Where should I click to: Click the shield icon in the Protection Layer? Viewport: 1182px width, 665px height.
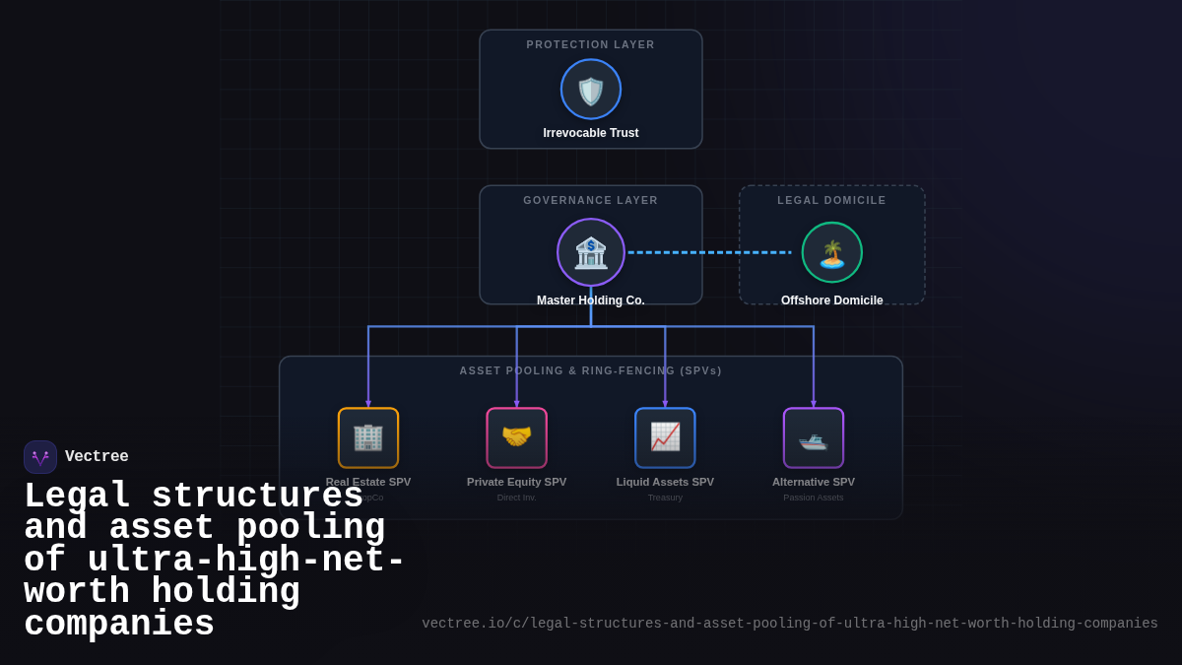591,90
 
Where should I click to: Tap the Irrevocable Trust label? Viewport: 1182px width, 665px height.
591,133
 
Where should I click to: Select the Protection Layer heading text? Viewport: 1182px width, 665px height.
591,44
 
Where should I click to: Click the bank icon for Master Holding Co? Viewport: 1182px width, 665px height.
591,252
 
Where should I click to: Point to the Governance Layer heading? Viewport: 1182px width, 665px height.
591,200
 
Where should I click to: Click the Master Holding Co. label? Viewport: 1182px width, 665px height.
591,300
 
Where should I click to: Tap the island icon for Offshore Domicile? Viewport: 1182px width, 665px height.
832,252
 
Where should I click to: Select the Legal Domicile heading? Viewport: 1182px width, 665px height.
832,200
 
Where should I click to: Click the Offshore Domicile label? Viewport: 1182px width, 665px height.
832,300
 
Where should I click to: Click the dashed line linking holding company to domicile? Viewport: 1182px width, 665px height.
709,252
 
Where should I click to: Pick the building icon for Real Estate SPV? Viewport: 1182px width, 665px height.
368,437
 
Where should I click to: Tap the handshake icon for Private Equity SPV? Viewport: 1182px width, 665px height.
517,437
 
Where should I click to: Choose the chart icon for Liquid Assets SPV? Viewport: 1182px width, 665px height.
665,437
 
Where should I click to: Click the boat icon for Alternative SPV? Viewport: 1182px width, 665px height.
814,437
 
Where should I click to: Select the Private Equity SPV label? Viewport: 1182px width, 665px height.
517,482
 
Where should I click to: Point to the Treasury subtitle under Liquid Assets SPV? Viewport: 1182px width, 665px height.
665,498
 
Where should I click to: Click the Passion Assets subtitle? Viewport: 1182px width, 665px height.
814,498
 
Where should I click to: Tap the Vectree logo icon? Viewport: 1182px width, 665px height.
40,457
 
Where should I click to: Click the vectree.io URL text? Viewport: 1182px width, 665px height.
790,624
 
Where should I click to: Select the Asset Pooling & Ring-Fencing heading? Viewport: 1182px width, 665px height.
591,370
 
